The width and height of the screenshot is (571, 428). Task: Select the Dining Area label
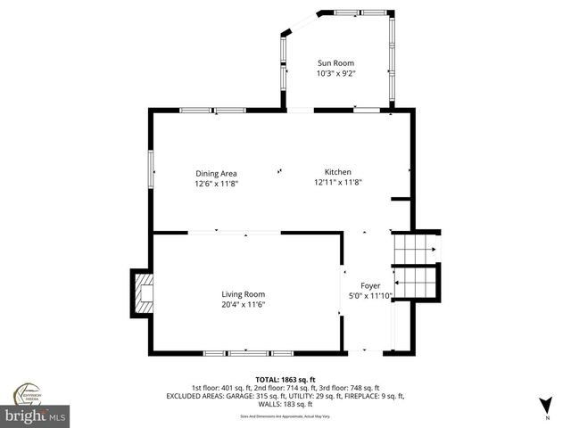click(216, 173)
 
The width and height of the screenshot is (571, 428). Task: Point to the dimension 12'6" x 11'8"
click(216, 184)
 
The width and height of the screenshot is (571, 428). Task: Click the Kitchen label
click(337, 172)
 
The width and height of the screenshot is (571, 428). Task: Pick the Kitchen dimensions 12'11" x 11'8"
click(337, 183)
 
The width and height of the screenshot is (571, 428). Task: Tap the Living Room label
click(243, 294)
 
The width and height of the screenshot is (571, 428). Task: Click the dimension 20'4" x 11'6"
click(243, 305)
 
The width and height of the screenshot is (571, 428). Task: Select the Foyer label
click(370, 286)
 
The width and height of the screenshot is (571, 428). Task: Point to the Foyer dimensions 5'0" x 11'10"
click(370, 297)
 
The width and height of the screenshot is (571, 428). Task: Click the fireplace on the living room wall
click(142, 294)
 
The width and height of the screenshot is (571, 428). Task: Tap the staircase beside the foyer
click(418, 265)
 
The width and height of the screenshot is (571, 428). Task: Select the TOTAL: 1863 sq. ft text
click(285, 379)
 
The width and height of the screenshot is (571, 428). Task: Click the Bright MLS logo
click(36, 416)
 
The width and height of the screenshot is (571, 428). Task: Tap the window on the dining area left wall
click(150, 169)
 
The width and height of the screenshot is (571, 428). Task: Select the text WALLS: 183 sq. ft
click(285, 403)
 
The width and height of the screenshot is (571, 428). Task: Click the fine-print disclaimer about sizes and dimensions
click(285, 416)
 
